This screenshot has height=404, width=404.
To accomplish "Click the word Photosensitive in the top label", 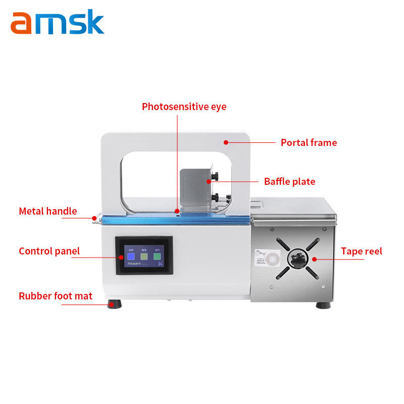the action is pyautogui.click(x=175, y=107).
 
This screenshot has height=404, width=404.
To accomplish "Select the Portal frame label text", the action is pyautogui.click(x=309, y=142).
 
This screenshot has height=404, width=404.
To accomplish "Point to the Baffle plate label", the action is pyautogui.click(x=289, y=181).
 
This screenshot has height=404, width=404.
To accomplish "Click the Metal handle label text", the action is pyautogui.click(x=48, y=211).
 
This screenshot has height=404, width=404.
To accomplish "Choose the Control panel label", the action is pyautogui.click(x=49, y=251).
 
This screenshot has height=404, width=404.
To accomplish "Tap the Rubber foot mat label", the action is pyautogui.click(x=56, y=296).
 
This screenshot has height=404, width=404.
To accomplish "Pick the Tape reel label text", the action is pyautogui.click(x=361, y=251).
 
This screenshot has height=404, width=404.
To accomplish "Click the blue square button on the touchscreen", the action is pyautogui.click(x=131, y=256).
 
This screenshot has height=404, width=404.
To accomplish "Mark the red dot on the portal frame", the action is pyautogui.click(x=226, y=142).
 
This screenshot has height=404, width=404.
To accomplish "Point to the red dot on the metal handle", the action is pyautogui.click(x=94, y=218).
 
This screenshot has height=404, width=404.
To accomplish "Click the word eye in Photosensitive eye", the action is pyautogui.click(x=218, y=107).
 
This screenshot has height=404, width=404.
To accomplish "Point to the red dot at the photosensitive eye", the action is pyautogui.click(x=177, y=211).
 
